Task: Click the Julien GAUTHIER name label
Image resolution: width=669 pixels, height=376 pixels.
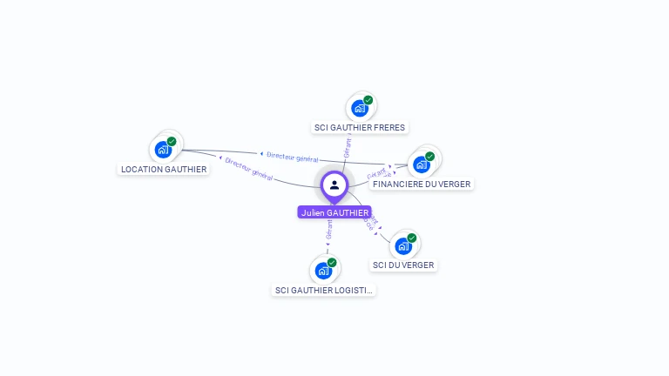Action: click(334, 212)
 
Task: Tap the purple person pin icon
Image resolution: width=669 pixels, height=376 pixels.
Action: click(334, 185)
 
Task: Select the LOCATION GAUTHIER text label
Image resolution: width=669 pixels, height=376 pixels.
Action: click(165, 169)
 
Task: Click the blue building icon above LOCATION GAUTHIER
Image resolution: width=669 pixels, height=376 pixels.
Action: click(163, 150)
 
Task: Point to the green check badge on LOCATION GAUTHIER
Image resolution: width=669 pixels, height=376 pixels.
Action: click(172, 141)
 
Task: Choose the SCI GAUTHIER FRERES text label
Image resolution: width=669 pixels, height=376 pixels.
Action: click(360, 127)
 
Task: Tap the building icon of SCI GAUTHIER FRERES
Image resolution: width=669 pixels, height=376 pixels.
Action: click(359, 109)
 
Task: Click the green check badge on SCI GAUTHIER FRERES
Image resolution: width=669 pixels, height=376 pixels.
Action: click(368, 100)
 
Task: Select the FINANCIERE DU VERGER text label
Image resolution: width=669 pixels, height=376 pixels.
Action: click(422, 184)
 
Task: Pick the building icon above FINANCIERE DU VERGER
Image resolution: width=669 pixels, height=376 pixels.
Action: click(421, 164)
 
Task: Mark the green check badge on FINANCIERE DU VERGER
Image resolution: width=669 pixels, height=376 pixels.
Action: click(430, 157)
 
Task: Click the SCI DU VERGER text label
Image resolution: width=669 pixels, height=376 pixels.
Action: click(403, 265)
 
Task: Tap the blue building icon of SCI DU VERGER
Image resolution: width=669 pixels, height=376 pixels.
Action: click(402, 246)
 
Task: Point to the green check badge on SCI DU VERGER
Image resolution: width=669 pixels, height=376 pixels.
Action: click(412, 238)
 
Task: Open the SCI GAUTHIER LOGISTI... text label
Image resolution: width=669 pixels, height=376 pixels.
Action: click(324, 290)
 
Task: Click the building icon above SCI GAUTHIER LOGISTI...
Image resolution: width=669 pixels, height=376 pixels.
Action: click(323, 271)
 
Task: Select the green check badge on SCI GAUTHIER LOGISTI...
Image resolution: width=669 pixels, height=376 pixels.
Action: click(332, 262)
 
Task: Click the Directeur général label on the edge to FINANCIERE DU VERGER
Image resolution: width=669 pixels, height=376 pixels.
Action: click(292, 158)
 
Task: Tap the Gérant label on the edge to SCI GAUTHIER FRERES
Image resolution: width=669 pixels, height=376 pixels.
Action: click(347, 147)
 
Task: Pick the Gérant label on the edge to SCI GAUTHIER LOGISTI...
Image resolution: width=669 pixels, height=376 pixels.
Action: click(329, 229)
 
